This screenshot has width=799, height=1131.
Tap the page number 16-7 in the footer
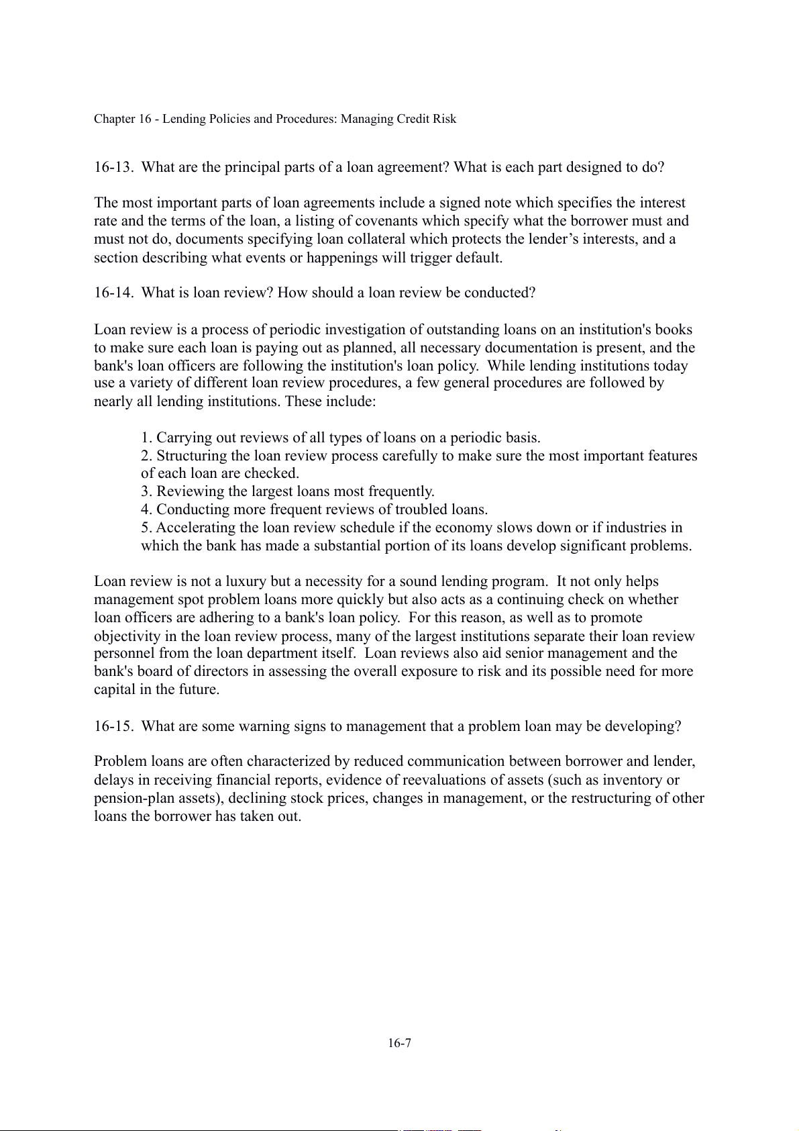399,1043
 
